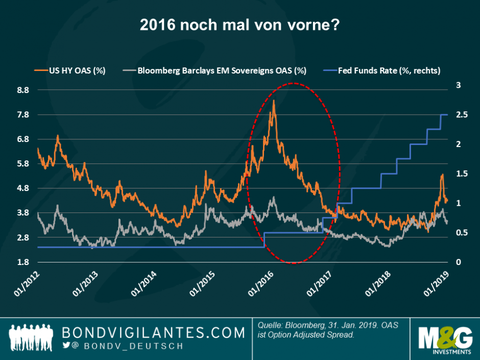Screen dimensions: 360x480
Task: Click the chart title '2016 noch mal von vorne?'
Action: coord(240,25)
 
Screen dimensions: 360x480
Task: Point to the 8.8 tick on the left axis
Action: coord(23,90)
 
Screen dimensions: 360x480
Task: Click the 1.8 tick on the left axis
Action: coord(23,262)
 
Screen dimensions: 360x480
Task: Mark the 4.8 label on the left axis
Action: coord(23,188)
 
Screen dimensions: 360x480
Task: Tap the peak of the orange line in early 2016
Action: coord(274,101)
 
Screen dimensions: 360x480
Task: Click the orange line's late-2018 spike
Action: coord(442,175)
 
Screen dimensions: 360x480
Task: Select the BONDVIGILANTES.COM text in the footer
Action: coord(153,332)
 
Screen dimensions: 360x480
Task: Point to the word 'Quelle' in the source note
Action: coord(270,325)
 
